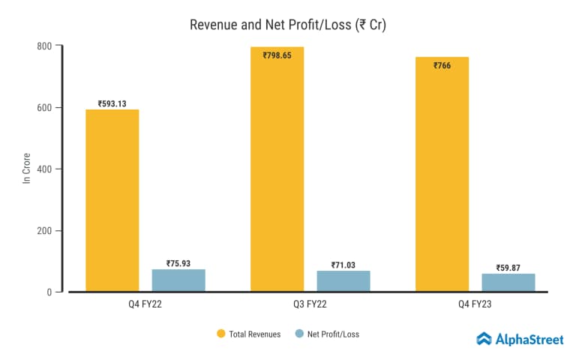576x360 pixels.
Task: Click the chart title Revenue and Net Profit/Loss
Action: tap(287, 24)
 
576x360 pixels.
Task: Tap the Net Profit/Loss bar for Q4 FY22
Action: tap(178, 280)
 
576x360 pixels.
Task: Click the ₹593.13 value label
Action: tap(112, 103)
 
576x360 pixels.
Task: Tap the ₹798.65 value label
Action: tap(277, 55)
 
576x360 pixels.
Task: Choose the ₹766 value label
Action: tap(442, 65)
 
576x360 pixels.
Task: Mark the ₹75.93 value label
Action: tap(178, 263)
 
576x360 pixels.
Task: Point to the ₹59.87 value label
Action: tap(508, 268)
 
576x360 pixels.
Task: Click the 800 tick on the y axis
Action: tap(44, 46)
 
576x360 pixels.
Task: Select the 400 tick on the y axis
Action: tap(44, 169)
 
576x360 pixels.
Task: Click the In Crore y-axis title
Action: tap(26, 169)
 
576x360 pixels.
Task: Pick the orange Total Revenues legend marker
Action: tap(221, 334)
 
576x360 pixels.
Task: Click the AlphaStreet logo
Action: tap(520, 339)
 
